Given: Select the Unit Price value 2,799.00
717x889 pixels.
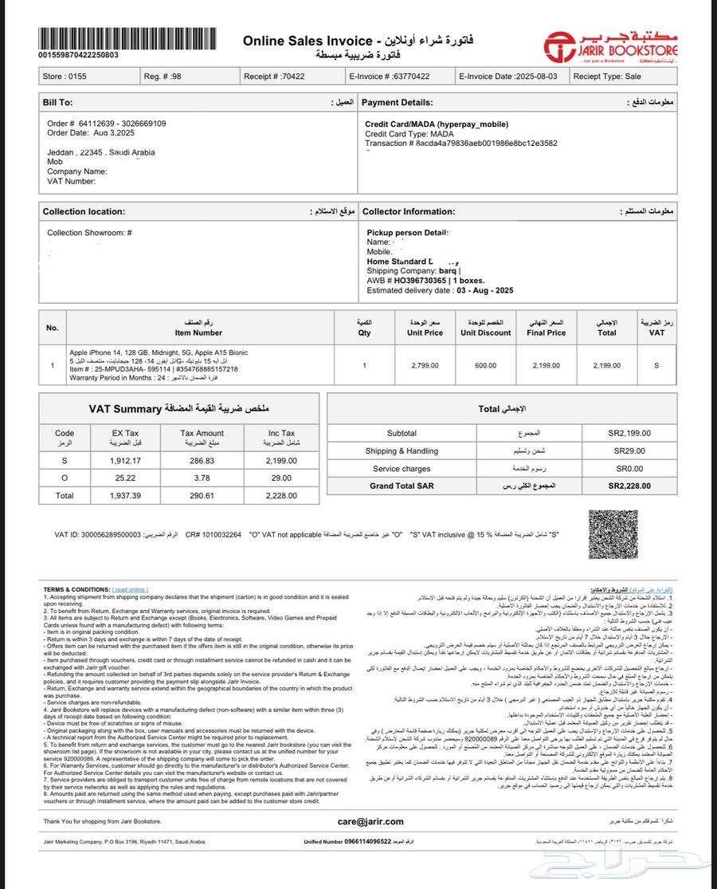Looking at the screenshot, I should pyautogui.click(x=425, y=365).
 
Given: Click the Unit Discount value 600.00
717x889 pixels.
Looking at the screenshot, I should pyautogui.click(x=485, y=365).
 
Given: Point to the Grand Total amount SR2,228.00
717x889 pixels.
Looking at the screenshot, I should pyautogui.click(x=629, y=486).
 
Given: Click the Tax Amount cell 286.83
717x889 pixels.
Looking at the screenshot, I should pyautogui.click(x=203, y=461).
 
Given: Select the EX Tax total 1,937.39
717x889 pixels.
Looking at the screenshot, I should pyautogui.click(x=125, y=495).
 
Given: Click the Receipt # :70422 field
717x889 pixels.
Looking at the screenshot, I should pyautogui.click(x=275, y=77).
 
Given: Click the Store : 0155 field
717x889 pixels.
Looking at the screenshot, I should pyautogui.click(x=64, y=77).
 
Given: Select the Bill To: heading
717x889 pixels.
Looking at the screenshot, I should pyautogui.click(x=57, y=103).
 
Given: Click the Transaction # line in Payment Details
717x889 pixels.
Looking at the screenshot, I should pyautogui.click(x=461, y=144).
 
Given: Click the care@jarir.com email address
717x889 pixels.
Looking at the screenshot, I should pyautogui.click(x=370, y=821).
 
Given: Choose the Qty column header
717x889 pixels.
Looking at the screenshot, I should pyautogui.click(x=364, y=328).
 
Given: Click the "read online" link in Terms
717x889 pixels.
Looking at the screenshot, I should pyautogui.click(x=131, y=589).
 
